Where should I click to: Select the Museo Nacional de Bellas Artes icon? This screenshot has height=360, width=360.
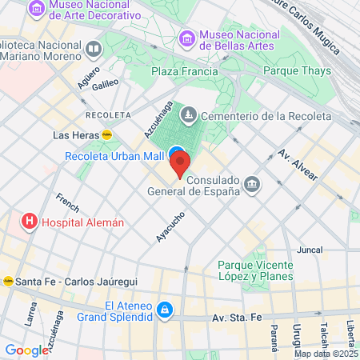point(186,38)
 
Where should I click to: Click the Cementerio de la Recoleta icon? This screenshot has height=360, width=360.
point(188,116)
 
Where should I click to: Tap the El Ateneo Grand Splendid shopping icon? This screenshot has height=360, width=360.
point(164,309)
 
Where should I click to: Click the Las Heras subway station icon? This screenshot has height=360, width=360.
point(106,135)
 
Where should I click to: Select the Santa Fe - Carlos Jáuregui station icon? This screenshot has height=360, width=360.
point(8,281)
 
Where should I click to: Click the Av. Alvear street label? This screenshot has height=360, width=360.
point(297,164)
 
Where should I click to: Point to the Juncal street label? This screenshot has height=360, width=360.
point(309,250)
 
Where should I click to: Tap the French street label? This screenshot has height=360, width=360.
point(67,206)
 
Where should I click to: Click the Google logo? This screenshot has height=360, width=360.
point(27,350)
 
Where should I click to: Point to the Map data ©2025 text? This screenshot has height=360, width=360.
point(326,354)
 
